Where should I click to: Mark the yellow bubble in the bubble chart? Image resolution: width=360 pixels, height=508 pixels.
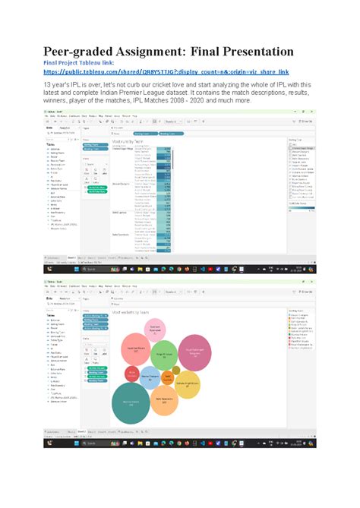(x=187, y=384)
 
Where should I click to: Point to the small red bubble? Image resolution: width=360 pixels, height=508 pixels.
(x=132, y=373)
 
